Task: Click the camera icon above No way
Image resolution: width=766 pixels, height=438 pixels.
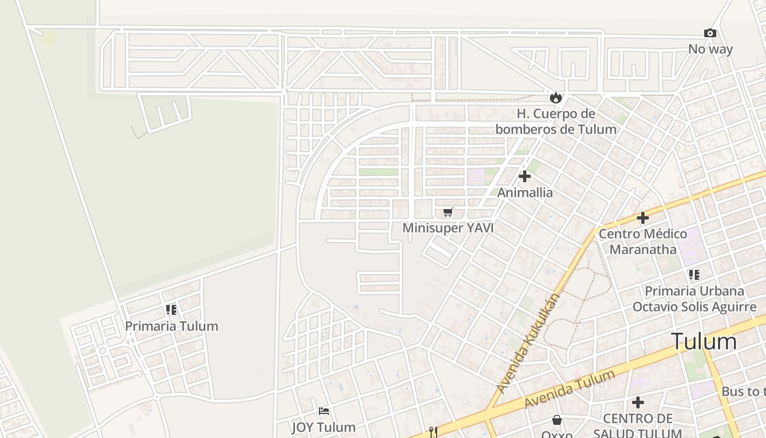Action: click(710, 33)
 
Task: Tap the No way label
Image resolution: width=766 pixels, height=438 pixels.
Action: click(710, 49)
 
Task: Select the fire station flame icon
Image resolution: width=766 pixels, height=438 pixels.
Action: click(556, 98)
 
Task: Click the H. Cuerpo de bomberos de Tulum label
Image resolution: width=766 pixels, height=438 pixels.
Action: click(556, 122)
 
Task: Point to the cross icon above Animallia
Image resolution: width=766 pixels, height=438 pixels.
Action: click(525, 176)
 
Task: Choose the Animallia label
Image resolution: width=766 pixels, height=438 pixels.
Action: click(525, 193)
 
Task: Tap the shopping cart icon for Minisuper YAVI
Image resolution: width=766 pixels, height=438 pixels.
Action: click(448, 212)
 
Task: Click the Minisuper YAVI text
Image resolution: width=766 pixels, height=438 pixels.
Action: click(448, 228)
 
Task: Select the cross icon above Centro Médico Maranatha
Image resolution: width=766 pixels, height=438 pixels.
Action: click(643, 218)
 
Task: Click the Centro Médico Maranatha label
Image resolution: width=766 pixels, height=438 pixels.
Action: click(643, 241)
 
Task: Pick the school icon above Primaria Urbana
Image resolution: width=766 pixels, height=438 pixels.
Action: click(694, 274)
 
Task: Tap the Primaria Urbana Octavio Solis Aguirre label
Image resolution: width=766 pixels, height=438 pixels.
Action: click(694, 298)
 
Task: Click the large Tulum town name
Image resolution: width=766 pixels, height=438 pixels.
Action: click(704, 341)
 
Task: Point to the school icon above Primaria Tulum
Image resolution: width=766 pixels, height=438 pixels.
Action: click(171, 310)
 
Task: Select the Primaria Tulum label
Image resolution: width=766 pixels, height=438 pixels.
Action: click(171, 326)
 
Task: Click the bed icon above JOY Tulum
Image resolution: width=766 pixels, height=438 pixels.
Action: click(324, 411)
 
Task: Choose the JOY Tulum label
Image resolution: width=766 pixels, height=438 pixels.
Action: click(324, 427)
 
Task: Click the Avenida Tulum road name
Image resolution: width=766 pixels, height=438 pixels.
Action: click(569, 389)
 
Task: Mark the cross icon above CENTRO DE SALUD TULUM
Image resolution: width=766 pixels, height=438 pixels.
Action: click(638, 402)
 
